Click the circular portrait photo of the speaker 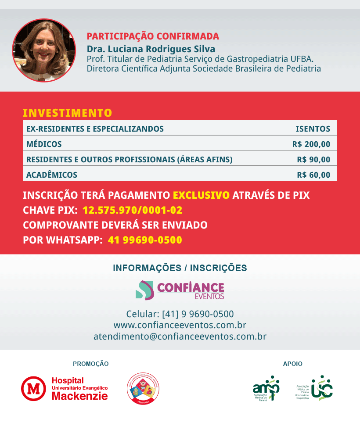click(44, 50)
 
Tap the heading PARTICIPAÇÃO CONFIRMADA click(153, 36)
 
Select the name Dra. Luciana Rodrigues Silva click(151, 49)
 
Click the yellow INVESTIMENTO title click(67, 113)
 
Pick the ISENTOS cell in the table click(313, 129)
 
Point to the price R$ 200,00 click(311, 144)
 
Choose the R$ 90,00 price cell click(313, 159)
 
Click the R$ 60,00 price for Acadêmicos click(313, 175)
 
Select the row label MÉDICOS click(44, 144)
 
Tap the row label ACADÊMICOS click(52, 175)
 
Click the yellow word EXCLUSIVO click(201, 195)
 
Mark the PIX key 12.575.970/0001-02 click(132, 210)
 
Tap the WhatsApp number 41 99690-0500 click(144, 240)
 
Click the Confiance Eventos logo click(180, 290)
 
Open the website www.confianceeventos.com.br click(180, 325)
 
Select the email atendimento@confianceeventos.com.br click(180, 337)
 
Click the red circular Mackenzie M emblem click(33, 389)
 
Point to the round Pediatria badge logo click(143, 388)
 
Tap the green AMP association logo click(266, 388)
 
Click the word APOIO click(292, 364)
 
